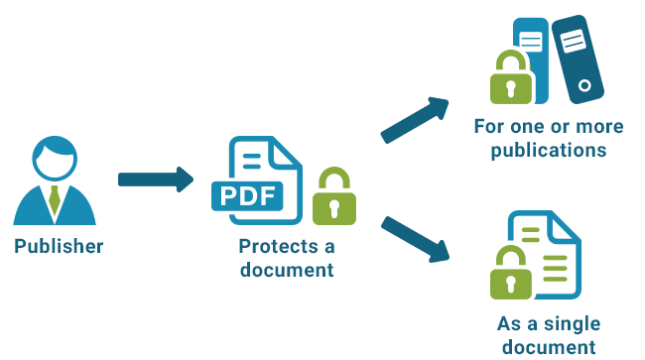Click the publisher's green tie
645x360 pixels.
point(55,198)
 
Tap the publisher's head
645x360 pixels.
point(55,159)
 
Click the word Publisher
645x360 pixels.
point(59,246)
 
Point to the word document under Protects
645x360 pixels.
point(286,269)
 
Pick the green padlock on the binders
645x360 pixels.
point(510,81)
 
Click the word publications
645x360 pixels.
point(548,150)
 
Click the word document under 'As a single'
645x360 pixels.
point(549,346)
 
